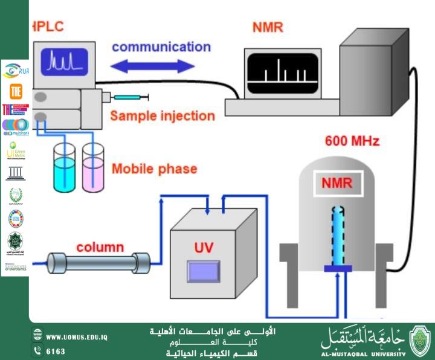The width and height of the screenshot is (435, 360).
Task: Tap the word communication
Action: pyautogui.click(x=161, y=47)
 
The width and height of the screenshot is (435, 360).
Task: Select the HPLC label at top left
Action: pyautogui.click(x=47, y=26)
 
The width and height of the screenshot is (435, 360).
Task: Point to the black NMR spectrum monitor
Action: pyautogui.click(x=281, y=68)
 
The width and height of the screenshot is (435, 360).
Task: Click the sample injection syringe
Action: pyautogui.click(x=129, y=97)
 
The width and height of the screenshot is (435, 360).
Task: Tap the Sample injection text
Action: pyautogui.click(x=162, y=115)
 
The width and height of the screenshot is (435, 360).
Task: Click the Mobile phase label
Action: pyautogui.click(x=154, y=169)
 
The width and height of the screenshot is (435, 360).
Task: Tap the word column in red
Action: pyautogui.click(x=100, y=247)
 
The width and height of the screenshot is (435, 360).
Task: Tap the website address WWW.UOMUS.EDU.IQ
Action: pyautogui.click(x=77, y=336)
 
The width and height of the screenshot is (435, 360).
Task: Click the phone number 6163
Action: pyautogui.click(x=56, y=350)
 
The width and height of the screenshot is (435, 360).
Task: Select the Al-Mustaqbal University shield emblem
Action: pyautogui.click(x=420, y=341)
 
